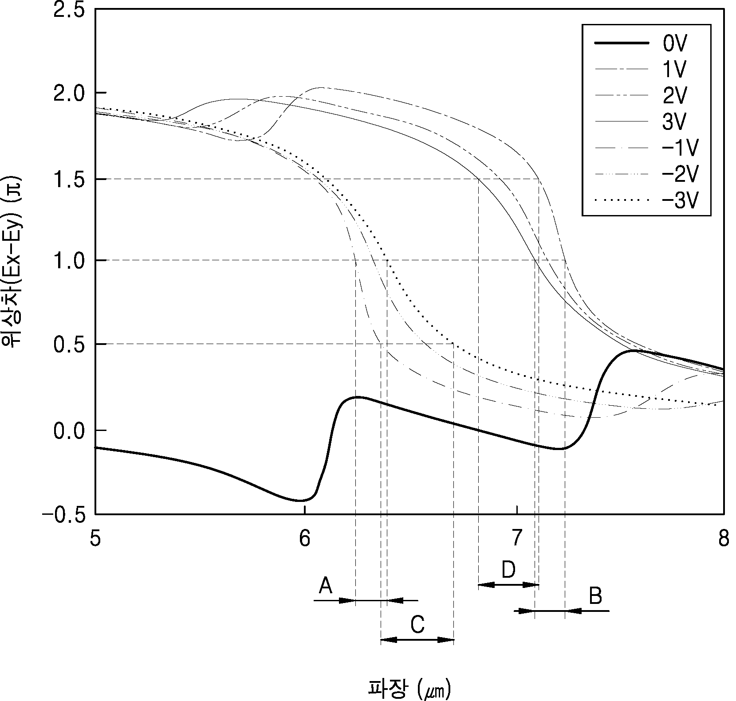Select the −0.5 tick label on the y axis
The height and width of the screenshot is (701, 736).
[64, 514]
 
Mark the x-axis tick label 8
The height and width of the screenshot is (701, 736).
[724, 539]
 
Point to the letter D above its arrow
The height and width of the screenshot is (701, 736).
[508, 570]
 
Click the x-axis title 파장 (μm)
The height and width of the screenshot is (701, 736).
[409, 689]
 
